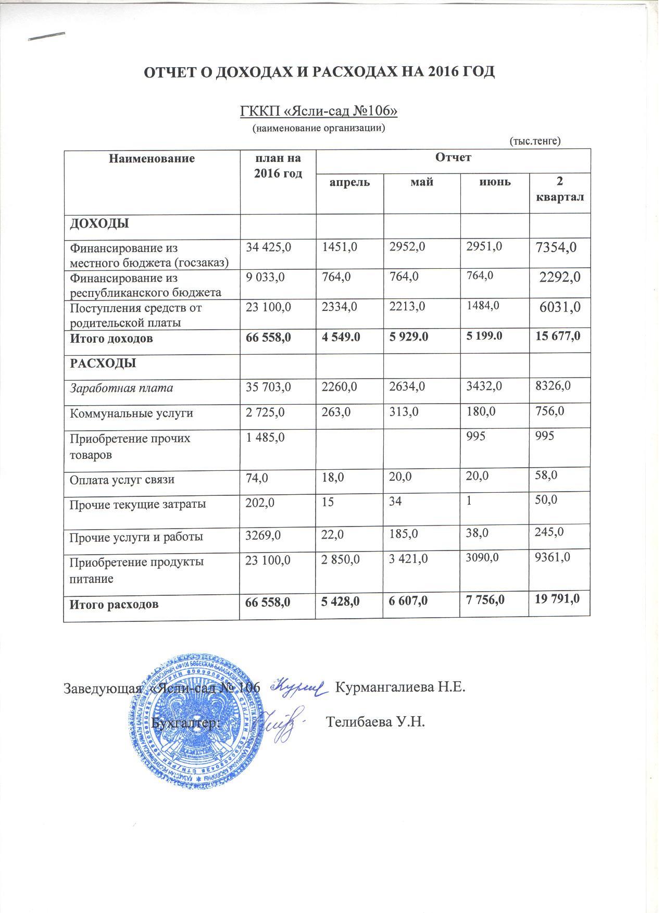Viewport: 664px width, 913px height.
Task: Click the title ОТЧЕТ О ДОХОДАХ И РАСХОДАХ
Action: click(319, 72)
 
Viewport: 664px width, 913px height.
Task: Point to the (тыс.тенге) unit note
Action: click(534, 141)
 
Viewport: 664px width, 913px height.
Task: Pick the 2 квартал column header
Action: click(560, 190)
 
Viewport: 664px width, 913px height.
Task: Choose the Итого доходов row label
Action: click(111, 339)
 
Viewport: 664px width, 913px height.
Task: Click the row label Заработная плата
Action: click(121, 389)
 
